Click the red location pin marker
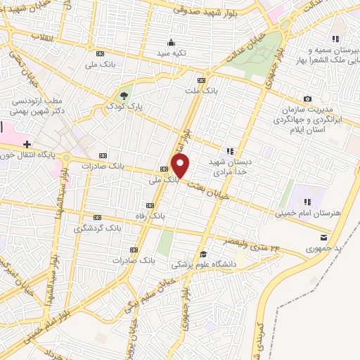click(181, 167)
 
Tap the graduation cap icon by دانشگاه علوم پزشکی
click(203, 254)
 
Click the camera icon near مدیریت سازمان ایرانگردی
click(307, 98)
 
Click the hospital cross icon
click(27, 124)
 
